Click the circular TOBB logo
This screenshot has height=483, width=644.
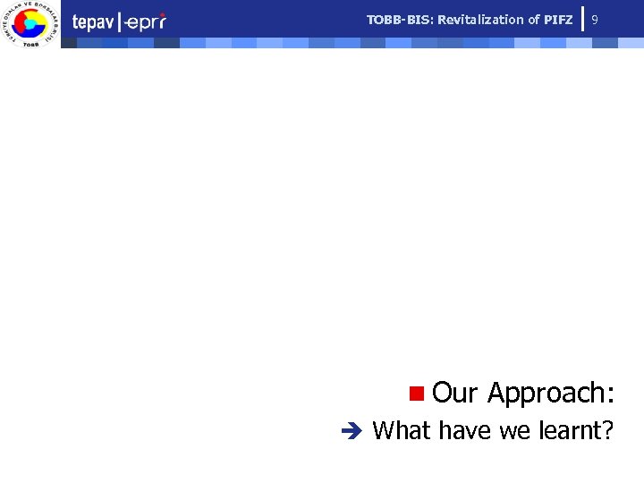tap(30, 24)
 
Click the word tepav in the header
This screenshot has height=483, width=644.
tap(92, 22)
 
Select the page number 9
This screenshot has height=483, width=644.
tap(596, 19)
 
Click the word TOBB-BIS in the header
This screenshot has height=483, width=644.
tap(400, 19)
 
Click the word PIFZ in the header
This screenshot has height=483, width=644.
tap(559, 19)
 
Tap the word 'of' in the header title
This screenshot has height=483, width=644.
tap(534, 19)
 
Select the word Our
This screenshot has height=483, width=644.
tap(455, 393)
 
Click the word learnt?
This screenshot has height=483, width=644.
tap(577, 430)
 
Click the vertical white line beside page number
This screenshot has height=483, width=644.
tap(582, 19)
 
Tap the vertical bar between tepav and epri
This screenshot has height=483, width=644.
tap(119, 22)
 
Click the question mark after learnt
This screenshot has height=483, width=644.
tap(608, 430)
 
